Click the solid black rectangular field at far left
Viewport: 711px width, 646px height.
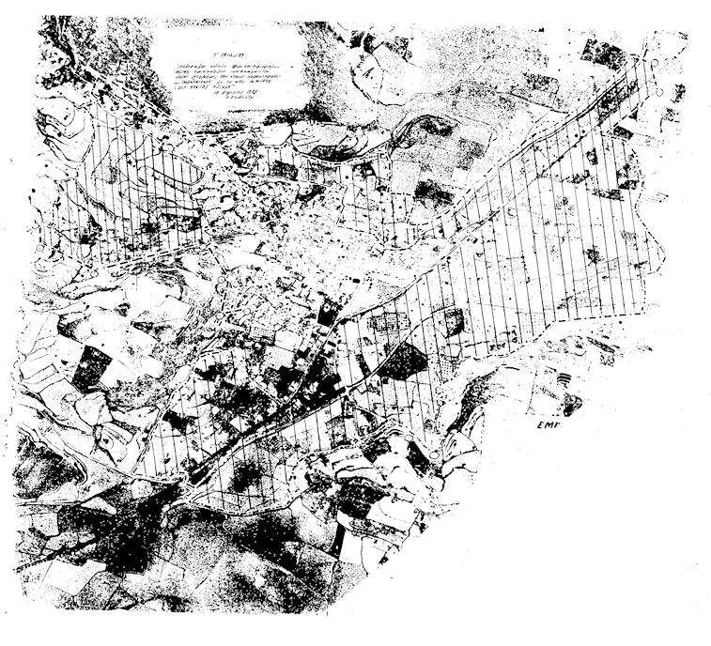pyautogui.click(x=89, y=368)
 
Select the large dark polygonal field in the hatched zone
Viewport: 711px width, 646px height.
pyautogui.click(x=402, y=362)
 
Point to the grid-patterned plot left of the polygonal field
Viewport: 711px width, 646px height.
pyautogui.click(x=389, y=324)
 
